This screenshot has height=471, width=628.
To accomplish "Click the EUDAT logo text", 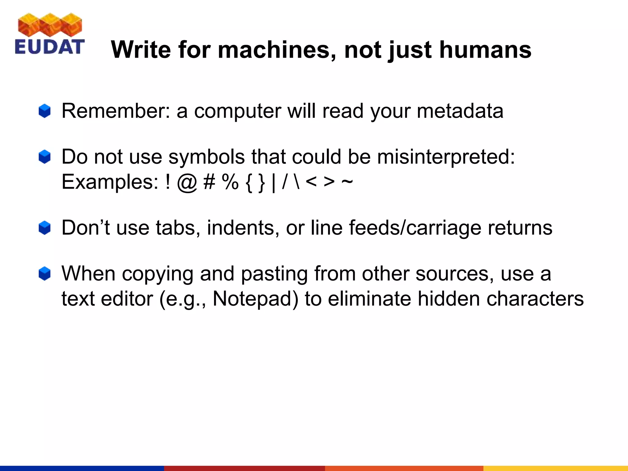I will point(49,47).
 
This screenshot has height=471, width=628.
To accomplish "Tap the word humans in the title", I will point(485,50).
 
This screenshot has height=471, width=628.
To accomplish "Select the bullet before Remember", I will point(44,111).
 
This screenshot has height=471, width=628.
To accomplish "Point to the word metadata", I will point(460,111).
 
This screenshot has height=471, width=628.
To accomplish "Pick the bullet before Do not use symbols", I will point(44,157).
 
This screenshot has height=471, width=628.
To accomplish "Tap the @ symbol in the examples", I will point(187,183).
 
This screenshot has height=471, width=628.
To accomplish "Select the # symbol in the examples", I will point(209,182).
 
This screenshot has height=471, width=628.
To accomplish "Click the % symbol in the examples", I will point(230,182).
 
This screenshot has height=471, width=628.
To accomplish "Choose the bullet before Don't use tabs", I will point(44,228).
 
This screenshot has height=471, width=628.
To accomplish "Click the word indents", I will point(243,228).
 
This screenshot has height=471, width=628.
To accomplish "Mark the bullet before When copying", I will point(44,274).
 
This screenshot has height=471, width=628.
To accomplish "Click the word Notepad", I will point(255,299).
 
